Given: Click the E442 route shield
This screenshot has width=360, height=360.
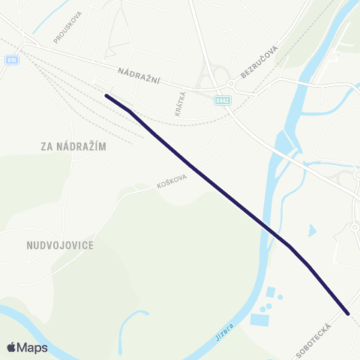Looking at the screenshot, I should [x=220, y=100].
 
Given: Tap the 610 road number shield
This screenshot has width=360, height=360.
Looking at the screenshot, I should [x=11, y=60].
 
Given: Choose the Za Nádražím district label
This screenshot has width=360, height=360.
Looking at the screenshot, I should [x=73, y=147].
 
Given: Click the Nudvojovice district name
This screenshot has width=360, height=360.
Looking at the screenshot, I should [x=59, y=244].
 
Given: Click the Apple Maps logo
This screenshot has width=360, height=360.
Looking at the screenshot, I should [x=27, y=347].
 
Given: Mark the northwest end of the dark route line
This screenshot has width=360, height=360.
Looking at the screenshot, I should [x=106, y=95].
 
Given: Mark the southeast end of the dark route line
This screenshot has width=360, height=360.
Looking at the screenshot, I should [x=348, y=313].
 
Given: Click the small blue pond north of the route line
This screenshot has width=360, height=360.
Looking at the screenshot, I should [x=311, y=230].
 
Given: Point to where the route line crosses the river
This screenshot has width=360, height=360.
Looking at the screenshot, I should [x=271, y=231].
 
